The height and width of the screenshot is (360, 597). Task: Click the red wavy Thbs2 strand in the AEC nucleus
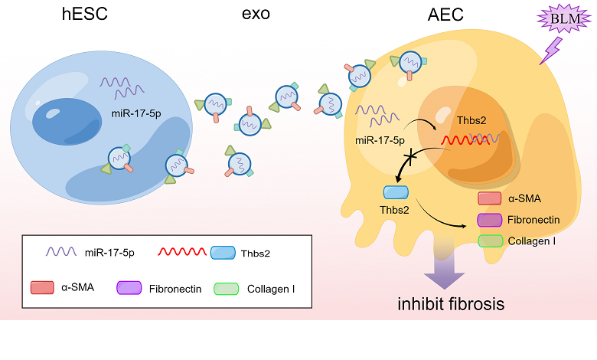point(465,140)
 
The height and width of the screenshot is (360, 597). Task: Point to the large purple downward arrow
point(443,267)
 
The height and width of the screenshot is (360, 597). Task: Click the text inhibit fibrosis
point(450,304)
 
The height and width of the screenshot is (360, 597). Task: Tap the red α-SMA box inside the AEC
point(489,199)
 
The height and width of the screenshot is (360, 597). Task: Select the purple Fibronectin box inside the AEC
point(489,221)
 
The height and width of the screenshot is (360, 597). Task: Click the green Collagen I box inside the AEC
point(489,241)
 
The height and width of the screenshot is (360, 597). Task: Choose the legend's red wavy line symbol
point(181,251)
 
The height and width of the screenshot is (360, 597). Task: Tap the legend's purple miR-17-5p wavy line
point(62,251)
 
